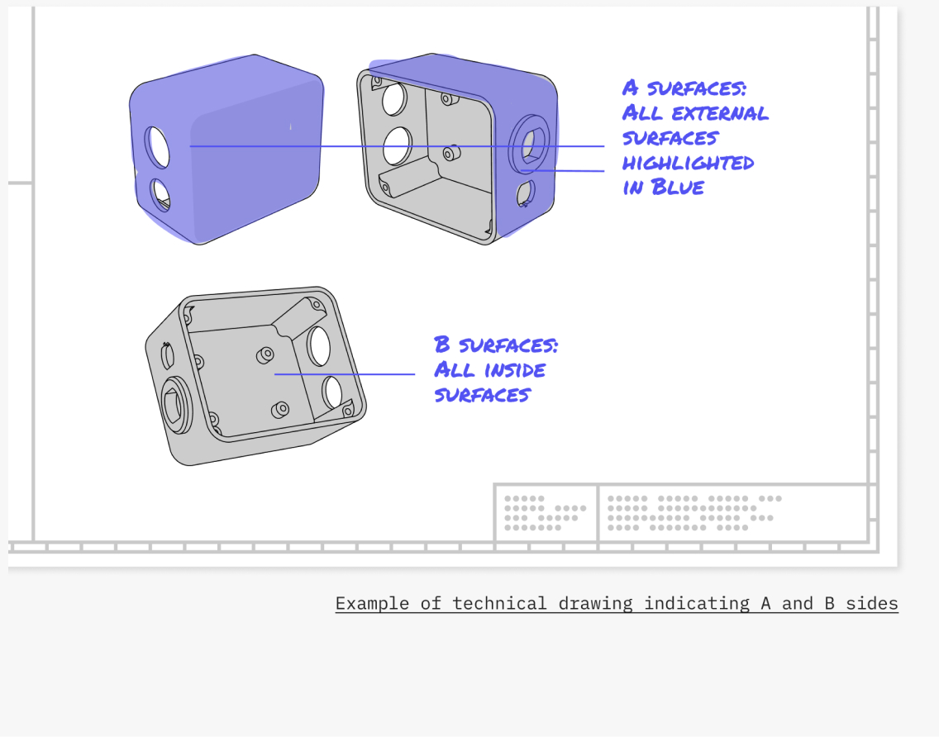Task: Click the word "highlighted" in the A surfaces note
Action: (688, 163)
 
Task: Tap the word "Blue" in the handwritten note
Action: (677, 187)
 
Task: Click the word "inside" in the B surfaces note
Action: (514, 370)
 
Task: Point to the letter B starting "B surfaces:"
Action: (442, 345)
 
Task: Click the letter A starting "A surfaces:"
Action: (630, 88)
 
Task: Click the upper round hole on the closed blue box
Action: (157, 147)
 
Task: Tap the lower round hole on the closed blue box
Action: (160, 194)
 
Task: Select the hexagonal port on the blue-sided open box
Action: (529, 145)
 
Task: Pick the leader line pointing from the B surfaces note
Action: (345, 374)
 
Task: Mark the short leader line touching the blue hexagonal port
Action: (562, 171)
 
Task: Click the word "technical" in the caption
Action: (499, 603)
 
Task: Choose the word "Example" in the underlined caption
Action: (372, 603)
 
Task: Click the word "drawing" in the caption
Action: (595, 603)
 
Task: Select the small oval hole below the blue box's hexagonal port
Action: (525, 193)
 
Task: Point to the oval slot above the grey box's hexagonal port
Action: (168, 356)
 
